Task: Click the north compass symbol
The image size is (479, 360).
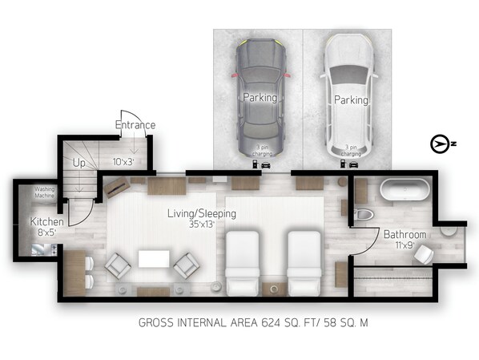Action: tap(440, 144)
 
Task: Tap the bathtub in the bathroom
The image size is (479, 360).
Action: tap(405, 190)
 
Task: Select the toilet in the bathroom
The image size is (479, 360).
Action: tap(364, 214)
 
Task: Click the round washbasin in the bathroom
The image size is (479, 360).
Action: tap(449, 231)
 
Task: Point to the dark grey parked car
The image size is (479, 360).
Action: tap(260, 98)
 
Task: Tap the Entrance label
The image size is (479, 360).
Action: tap(135, 125)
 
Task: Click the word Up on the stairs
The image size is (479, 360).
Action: tap(79, 163)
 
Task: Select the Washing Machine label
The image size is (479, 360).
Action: tap(45, 192)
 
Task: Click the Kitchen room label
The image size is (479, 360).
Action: tap(47, 221)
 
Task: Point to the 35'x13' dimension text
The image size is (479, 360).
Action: tap(202, 224)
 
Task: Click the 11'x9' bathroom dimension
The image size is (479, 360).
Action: tap(405, 245)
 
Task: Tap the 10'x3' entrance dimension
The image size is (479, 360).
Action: tap(123, 162)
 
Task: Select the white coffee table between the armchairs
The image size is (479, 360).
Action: tap(154, 259)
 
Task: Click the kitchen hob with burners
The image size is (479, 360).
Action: tap(54, 249)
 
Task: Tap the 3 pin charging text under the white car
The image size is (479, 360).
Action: tap(351, 151)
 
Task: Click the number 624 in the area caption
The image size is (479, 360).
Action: tap(271, 322)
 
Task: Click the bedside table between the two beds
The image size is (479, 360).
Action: tap(274, 289)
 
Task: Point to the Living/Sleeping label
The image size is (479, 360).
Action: tap(202, 213)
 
